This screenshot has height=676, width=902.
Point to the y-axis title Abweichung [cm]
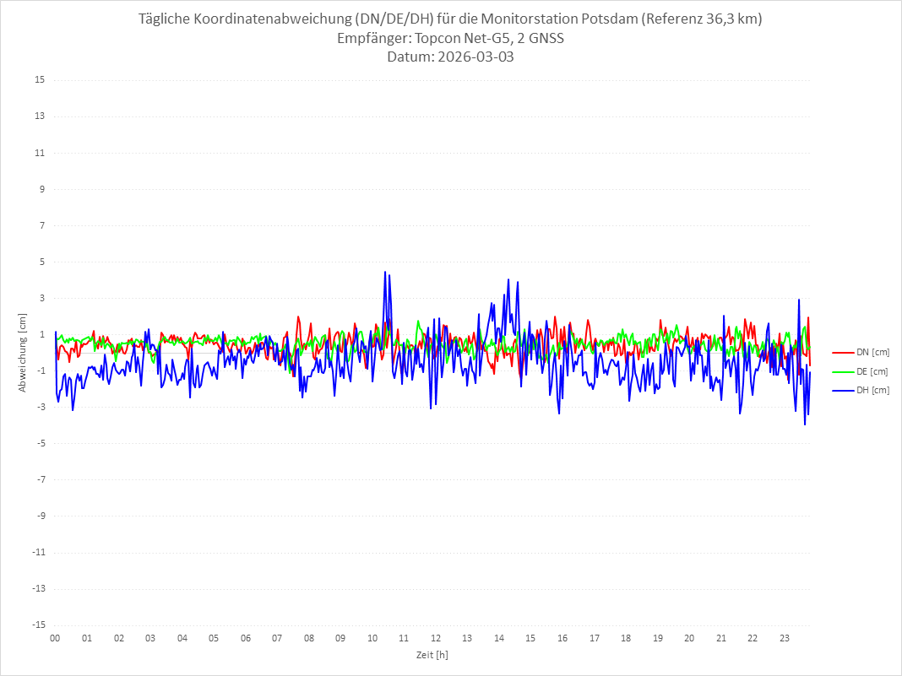(x=23, y=352)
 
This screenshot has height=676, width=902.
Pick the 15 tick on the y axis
(x=40, y=80)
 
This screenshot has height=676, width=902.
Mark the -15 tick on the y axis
(x=38, y=625)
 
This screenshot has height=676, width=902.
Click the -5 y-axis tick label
(x=40, y=443)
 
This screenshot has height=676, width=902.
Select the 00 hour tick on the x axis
(x=55, y=638)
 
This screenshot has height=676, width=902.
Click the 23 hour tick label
(x=785, y=638)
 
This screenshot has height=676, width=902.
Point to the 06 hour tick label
(x=245, y=638)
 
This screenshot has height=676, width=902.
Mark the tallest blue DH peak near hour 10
(x=385, y=272)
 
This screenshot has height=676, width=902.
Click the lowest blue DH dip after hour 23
(x=805, y=424)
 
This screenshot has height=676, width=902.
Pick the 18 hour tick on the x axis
(x=626, y=638)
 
